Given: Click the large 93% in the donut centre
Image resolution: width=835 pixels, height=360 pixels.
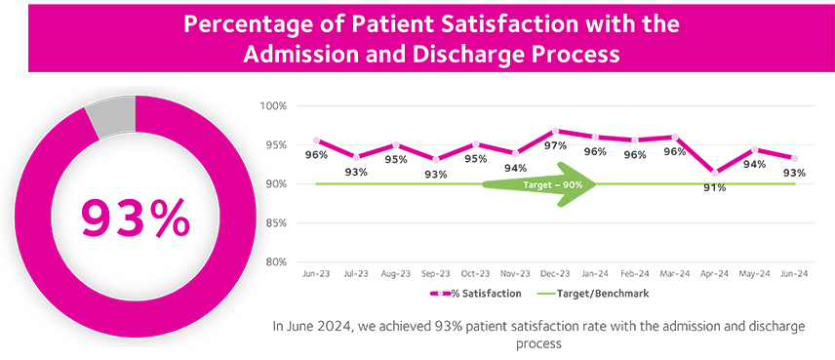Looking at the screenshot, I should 135,219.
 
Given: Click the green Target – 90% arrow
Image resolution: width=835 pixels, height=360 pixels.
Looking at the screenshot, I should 540,183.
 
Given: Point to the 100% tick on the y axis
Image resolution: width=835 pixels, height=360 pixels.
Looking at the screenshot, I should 272,105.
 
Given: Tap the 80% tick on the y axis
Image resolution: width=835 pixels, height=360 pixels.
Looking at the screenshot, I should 274,262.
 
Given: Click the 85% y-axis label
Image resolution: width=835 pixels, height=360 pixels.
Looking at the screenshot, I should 274,223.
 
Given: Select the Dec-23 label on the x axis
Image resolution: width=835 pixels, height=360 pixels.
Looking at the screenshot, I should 555,275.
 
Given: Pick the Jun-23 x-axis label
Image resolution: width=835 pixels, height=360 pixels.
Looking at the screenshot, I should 315,275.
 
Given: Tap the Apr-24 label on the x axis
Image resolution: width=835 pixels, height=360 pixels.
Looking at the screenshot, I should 715,275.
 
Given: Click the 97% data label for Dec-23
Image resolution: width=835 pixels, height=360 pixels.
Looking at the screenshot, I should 555,145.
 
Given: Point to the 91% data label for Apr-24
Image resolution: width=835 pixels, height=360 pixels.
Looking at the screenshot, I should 715,187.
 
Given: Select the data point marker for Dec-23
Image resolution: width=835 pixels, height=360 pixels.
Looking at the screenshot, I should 555,131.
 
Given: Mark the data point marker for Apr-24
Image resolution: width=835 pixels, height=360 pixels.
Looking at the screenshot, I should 715,173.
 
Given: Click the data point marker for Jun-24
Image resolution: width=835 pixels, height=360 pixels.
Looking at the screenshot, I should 795,158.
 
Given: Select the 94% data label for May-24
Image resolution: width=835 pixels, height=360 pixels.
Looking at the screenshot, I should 755,165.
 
